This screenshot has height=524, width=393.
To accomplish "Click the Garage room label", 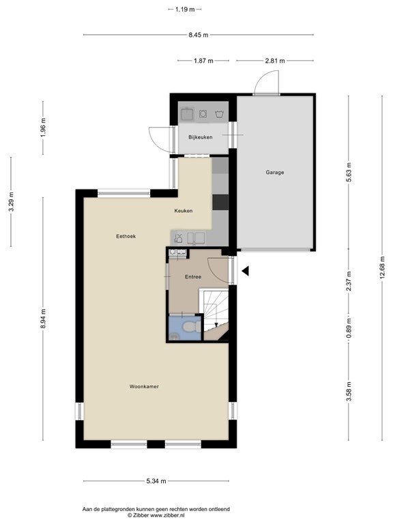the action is click(275, 173).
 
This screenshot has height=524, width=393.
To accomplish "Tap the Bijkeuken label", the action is click(200, 137).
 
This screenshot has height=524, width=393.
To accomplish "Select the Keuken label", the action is click(183, 211).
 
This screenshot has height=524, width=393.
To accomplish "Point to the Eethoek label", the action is click(126, 236).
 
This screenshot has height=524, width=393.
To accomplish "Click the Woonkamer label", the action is click(144, 387).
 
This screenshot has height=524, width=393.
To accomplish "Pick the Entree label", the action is click(193, 277).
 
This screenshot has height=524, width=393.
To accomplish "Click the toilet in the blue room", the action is click(192, 327).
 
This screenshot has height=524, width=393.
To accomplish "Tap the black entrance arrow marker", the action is click(246, 271).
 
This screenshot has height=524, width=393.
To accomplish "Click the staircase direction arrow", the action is click(216, 324).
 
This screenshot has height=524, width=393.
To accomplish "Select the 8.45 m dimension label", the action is click(199, 35).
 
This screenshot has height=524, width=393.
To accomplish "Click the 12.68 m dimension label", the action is click(383, 268).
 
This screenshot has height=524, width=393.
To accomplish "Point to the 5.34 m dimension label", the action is click(156, 481).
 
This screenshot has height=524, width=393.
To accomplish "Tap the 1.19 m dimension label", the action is click(185, 10).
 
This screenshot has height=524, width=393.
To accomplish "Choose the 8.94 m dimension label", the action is click(43, 319).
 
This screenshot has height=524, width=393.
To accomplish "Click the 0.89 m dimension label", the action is click(349, 327).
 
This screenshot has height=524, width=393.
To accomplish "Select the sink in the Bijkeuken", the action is click(187, 114).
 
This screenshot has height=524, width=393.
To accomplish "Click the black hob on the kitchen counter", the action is click(220, 202).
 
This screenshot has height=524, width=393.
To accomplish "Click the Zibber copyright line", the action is click(156, 516).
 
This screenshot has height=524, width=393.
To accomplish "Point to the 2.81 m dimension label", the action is click(275, 61).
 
